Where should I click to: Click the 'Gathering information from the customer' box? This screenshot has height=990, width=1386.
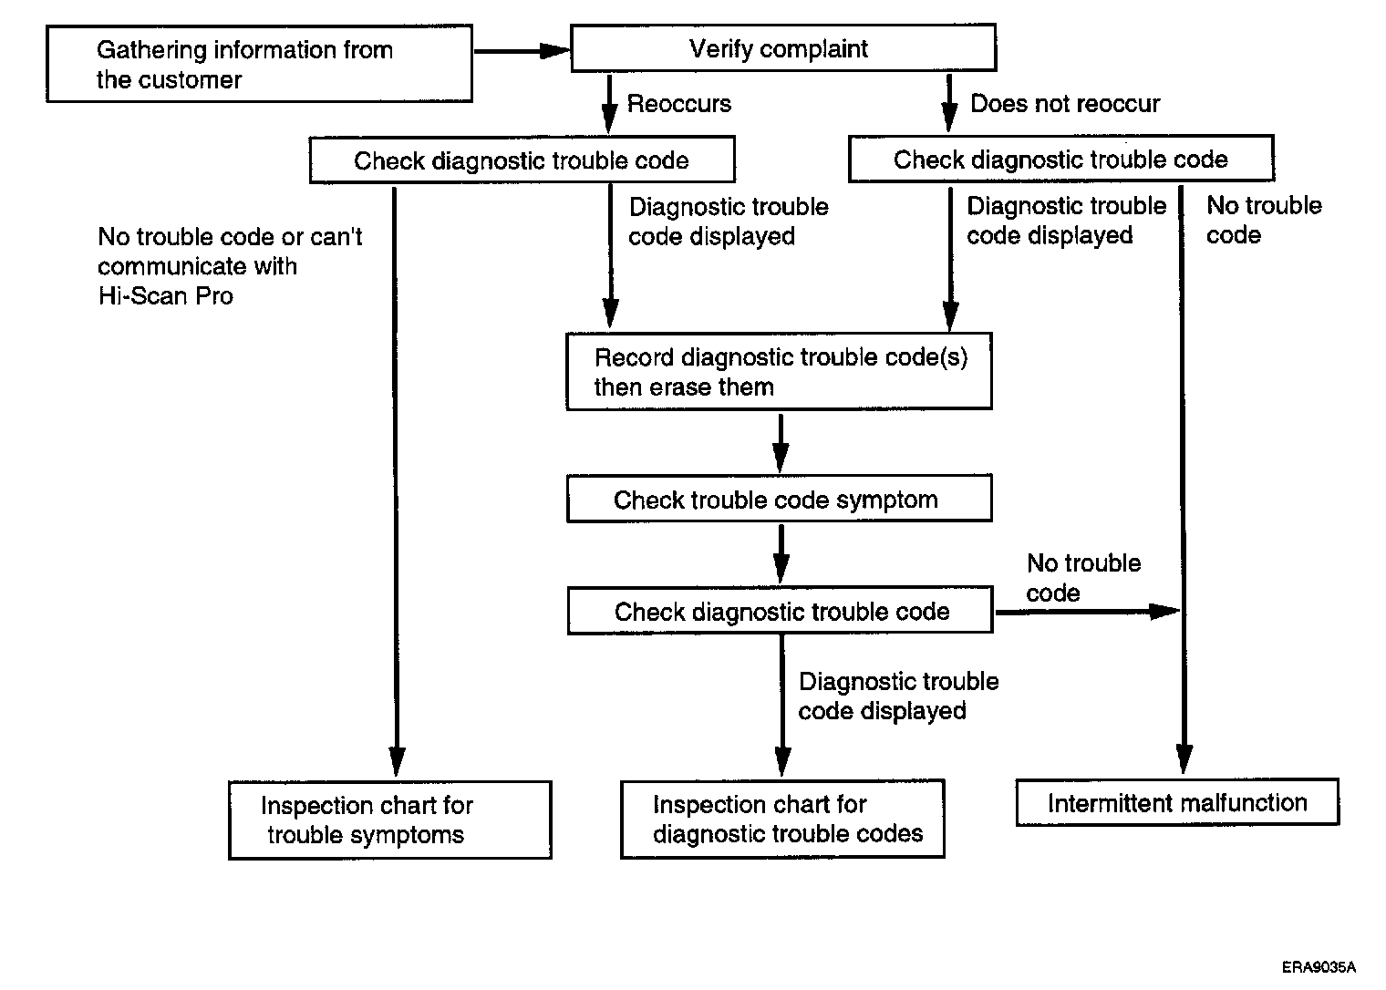click(259, 64)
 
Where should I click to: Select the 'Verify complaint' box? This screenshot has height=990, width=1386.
click(783, 48)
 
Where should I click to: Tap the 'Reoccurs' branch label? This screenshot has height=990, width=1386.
click(678, 103)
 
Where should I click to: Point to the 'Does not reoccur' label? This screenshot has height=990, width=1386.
click(1065, 103)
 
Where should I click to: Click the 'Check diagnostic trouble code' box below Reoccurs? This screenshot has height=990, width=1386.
click(522, 160)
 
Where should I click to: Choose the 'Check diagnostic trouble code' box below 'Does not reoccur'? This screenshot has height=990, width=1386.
click(1061, 159)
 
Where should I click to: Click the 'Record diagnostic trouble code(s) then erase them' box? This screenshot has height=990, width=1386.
click(779, 371)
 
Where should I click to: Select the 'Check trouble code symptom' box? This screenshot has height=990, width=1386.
click(780, 499)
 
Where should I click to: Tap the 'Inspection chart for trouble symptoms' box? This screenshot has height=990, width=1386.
click(390, 820)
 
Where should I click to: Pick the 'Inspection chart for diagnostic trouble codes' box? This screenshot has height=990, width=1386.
click(782, 819)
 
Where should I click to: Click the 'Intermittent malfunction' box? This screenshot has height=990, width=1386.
click(1177, 802)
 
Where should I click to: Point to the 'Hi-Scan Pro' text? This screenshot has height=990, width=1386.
click(166, 295)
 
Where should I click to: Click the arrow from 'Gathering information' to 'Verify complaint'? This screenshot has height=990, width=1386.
click(522, 51)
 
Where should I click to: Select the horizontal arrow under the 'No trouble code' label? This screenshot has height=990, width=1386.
click(1087, 612)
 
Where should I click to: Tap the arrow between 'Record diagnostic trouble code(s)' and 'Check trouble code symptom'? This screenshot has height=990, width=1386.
click(781, 443)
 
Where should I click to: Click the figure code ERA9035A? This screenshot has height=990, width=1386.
click(1319, 967)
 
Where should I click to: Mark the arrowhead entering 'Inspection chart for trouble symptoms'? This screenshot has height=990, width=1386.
click(397, 762)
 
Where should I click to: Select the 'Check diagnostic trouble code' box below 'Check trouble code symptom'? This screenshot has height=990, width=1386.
click(781, 611)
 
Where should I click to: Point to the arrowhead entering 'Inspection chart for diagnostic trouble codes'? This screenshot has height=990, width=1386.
click(782, 762)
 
